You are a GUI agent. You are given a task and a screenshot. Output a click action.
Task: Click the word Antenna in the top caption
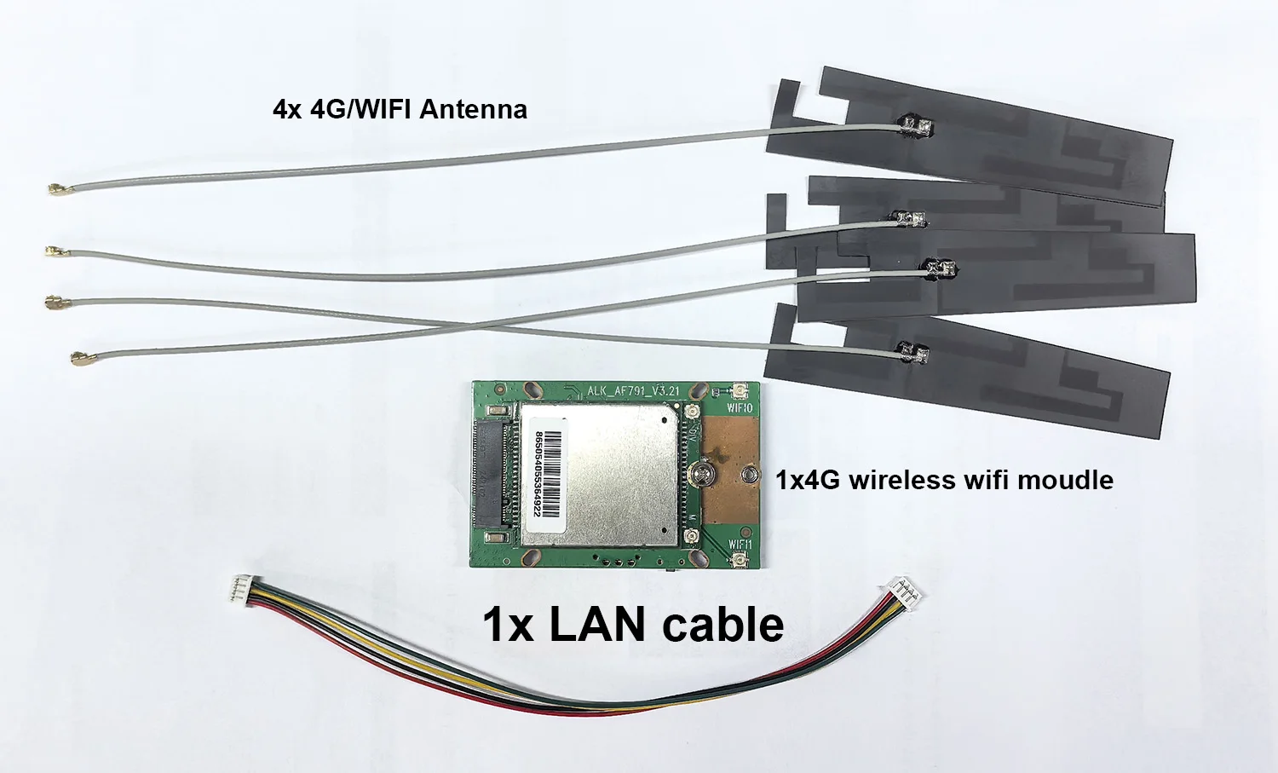click(x=473, y=109)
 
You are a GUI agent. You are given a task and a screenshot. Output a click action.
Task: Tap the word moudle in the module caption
click(x=1065, y=480)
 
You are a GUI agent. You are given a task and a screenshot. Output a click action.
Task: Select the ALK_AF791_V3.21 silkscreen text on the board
click(x=633, y=391)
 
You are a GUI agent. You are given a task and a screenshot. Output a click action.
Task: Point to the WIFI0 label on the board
click(x=740, y=408)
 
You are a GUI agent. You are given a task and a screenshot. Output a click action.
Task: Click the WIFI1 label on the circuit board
click(x=740, y=544)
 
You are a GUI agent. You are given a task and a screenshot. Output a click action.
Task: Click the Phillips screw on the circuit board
click(x=704, y=470)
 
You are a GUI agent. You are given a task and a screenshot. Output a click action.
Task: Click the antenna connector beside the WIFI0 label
click(x=738, y=393)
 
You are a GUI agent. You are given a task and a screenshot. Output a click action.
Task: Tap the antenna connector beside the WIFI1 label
click(x=737, y=559)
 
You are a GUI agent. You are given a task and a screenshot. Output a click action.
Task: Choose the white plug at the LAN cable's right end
click(x=898, y=588)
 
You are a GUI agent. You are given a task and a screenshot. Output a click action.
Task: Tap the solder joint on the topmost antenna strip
click(x=917, y=128)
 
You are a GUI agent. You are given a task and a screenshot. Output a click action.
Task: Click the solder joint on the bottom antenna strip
click(x=912, y=352)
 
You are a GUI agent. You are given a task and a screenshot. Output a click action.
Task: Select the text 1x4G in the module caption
click(x=807, y=480)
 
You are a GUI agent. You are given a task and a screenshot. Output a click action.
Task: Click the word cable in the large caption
click(x=722, y=624)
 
